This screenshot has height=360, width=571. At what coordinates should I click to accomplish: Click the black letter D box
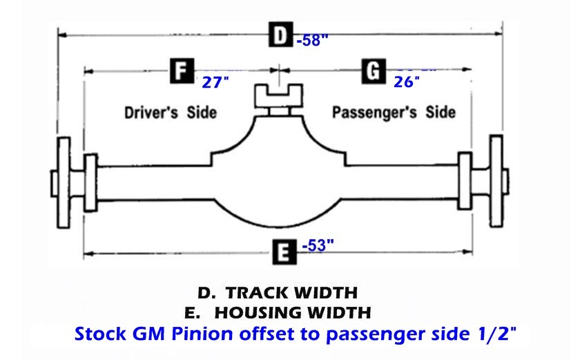280,35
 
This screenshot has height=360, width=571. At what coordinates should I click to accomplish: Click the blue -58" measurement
311,40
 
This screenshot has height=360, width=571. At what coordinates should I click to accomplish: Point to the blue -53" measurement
318,245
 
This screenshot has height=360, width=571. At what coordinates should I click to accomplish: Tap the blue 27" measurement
215,83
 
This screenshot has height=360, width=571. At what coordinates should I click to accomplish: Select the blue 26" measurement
407,82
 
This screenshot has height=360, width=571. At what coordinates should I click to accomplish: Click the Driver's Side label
171,112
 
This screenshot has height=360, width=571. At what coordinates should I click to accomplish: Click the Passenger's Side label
394,112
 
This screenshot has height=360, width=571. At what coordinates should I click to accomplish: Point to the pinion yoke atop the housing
277,95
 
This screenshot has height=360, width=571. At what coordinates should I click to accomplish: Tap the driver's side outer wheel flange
64,182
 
